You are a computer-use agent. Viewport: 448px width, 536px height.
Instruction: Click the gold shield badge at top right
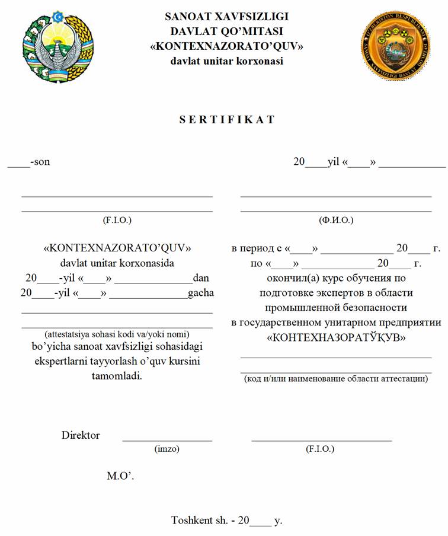[x=395, y=45]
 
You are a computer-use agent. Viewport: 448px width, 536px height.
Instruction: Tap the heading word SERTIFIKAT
[x=227, y=119]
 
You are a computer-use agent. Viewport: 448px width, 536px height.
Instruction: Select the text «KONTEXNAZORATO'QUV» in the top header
[x=227, y=46]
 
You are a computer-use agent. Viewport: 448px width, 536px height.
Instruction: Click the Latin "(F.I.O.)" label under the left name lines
[x=117, y=220]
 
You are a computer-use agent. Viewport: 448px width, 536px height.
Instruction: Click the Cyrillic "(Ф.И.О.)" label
[x=335, y=220]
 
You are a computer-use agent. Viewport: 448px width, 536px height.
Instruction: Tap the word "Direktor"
[x=81, y=435]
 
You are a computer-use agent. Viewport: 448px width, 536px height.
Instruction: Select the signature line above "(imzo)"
[x=167, y=441]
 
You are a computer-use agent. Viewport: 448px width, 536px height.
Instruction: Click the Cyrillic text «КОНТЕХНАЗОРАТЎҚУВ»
[x=336, y=338]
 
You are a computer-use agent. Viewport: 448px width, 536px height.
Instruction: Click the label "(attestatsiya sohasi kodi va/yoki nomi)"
[x=117, y=333]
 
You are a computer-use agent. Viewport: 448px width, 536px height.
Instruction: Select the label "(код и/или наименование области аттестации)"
[x=336, y=378]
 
